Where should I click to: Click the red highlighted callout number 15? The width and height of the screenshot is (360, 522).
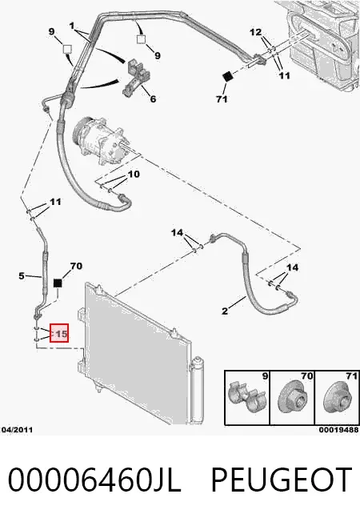[59, 333]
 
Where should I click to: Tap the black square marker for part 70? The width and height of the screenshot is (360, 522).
[58, 283]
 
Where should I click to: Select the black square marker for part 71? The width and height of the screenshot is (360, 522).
[227, 76]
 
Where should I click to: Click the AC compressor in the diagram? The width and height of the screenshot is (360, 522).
[99, 140]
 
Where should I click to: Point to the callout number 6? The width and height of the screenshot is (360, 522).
[153, 98]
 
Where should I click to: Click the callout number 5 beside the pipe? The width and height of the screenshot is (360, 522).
[22, 275]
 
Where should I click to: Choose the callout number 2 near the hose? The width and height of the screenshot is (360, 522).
[225, 311]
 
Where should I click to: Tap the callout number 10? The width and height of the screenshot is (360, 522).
[134, 174]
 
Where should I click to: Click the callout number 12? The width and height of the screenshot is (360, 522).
[255, 32]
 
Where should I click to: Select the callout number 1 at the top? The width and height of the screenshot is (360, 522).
[72, 26]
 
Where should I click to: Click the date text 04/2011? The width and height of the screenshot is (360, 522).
[18, 430]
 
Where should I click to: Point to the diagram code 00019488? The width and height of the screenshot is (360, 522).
[338, 430]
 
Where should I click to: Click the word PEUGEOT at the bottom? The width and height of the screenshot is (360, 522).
[282, 480]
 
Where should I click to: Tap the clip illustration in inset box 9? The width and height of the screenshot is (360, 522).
[247, 396]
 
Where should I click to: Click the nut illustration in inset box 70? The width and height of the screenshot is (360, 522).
[291, 397]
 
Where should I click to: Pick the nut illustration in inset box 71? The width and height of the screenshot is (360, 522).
[337, 397]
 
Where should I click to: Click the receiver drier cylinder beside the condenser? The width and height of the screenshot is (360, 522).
[198, 391]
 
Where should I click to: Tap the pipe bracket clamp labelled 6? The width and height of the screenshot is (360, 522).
[136, 78]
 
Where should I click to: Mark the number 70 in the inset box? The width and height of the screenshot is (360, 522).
[306, 376]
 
